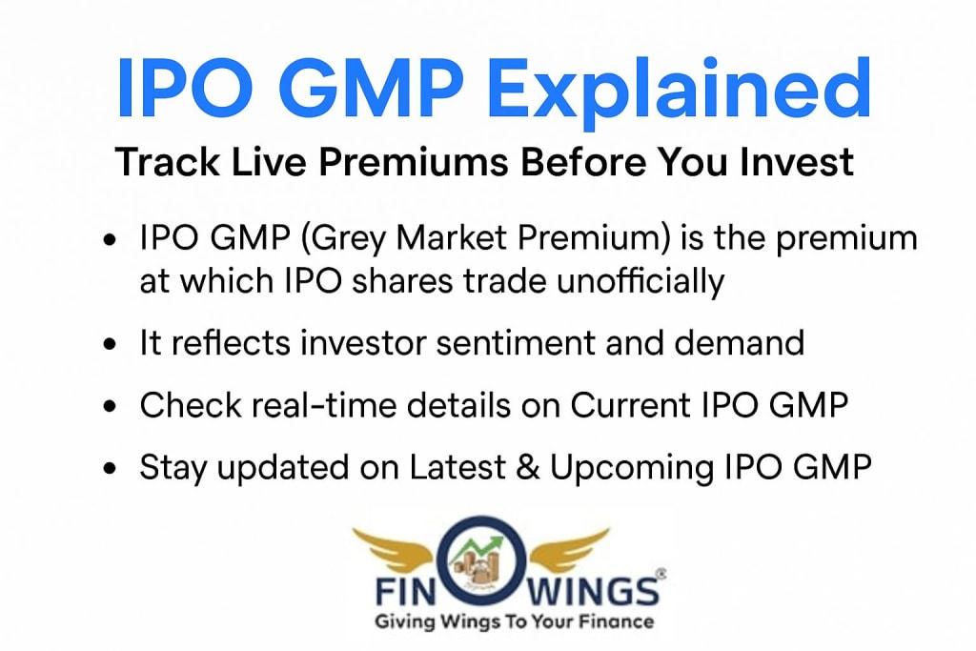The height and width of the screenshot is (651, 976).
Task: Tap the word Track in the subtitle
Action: pyautogui.click(x=167, y=162)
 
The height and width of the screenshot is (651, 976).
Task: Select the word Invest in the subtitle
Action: pyautogui.click(x=796, y=162)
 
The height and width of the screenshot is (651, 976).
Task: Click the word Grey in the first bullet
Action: pyautogui.click(x=343, y=239)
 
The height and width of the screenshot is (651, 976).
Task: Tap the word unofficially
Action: pyautogui.click(x=640, y=281)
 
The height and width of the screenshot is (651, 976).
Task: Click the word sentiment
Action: pyautogui.click(x=516, y=343)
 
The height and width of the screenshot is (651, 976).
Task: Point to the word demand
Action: pyautogui.click(x=739, y=343)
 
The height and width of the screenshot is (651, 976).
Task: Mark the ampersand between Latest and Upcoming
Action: pyautogui.click(x=527, y=467)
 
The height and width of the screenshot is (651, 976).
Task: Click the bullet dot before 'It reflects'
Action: pyautogui.click(x=111, y=344)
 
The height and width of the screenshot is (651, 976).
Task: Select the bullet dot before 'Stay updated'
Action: pyautogui.click(x=111, y=469)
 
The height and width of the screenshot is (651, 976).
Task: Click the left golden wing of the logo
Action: pyautogui.click(x=397, y=548)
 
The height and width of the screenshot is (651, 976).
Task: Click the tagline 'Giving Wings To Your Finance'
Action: pyautogui.click(x=514, y=621)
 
